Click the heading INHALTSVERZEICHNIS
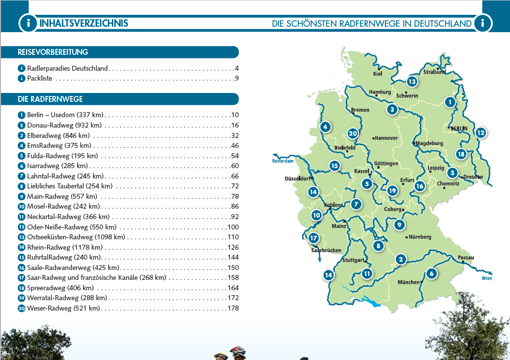84,23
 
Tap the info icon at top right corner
482,23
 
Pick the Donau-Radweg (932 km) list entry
64,125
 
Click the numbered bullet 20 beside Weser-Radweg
21,308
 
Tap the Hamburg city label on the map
380,92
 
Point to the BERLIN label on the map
459,128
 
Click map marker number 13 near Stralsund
412,82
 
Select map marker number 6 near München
431,273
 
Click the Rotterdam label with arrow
282,160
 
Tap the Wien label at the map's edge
486,278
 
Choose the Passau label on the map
466,258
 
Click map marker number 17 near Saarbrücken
313,238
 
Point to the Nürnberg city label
420,237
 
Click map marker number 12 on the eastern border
480,133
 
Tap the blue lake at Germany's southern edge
371,301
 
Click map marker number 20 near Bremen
352,134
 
